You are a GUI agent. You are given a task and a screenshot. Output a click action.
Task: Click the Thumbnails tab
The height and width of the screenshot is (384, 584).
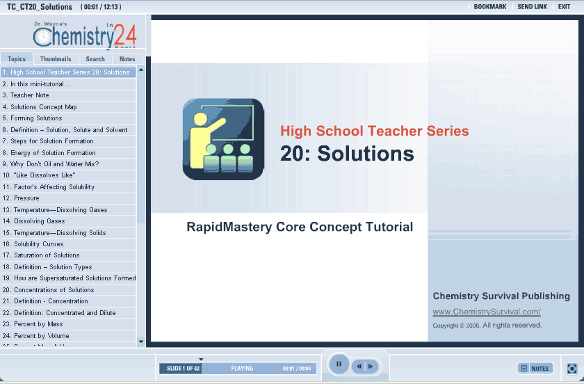[56, 59]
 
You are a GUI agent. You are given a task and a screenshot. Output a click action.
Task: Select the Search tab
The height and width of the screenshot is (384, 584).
[95, 59]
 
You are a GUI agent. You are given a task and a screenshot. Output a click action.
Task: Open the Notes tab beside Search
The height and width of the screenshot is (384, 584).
[127, 59]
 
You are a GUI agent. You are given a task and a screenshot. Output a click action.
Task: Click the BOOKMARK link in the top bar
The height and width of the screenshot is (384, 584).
[489, 7]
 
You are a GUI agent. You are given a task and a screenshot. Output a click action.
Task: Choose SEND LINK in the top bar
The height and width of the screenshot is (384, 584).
[533, 7]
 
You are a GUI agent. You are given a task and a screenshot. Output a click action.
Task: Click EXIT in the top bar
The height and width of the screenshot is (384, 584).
[564, 7]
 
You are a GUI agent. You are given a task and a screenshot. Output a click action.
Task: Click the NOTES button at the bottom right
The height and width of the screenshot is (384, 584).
[535, 368]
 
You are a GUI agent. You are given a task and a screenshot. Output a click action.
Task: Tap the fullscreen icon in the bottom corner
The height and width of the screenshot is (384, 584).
[572, 368]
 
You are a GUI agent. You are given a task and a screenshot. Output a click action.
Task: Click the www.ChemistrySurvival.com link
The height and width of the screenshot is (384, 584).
[487, 312]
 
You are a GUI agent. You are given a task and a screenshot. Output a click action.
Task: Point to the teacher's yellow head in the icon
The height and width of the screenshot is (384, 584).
[200, 119]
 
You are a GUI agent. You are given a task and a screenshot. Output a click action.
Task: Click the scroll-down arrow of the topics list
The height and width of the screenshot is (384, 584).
[140, 342]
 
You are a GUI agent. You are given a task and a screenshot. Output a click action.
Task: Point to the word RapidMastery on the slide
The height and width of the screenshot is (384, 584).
[229, 227]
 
